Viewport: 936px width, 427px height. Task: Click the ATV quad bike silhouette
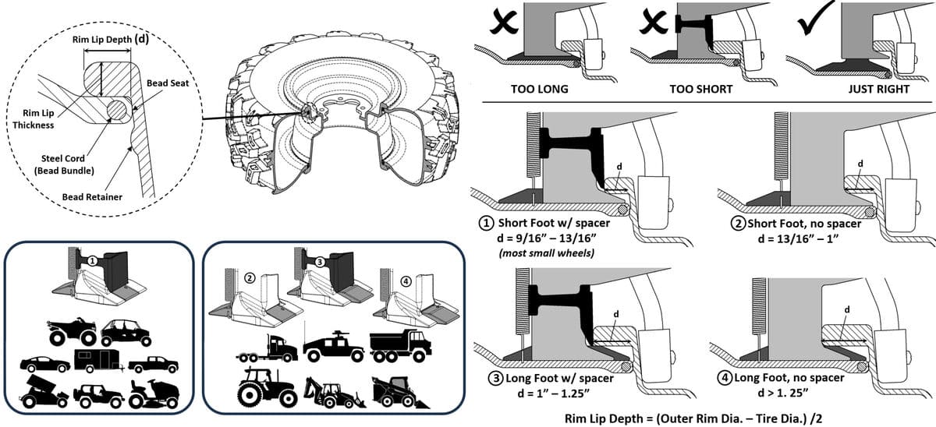pos(72,332)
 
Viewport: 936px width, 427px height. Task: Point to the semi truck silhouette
pos(266,348)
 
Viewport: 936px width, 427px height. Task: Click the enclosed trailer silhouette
pos(96,360)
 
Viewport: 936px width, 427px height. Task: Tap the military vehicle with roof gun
pos(333,345)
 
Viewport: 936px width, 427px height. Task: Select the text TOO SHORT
pos(700,89)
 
